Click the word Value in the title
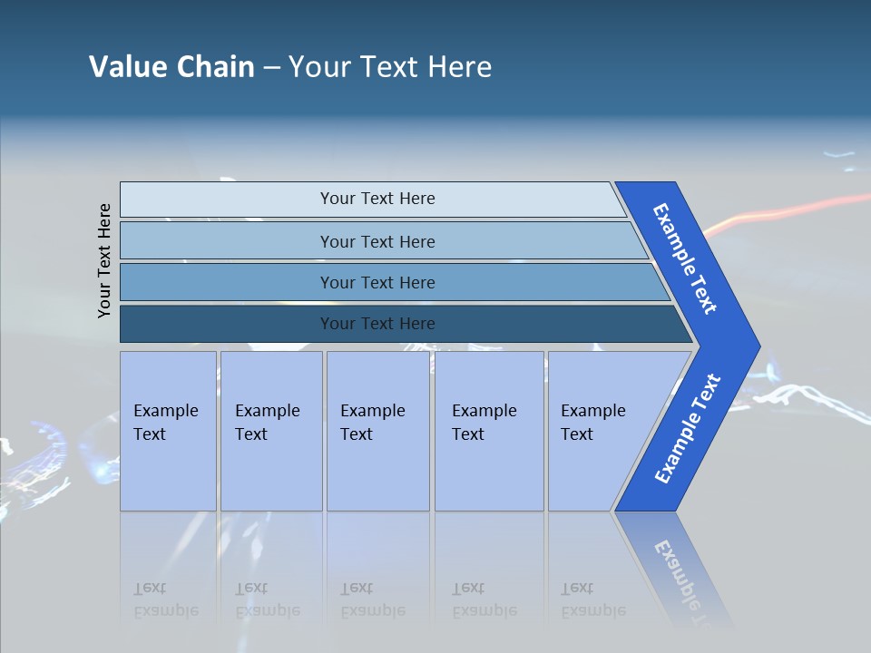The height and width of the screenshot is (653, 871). point(126,67)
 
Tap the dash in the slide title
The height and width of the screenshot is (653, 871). point(271,68)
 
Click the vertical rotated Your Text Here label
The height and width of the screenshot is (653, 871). point(104,260)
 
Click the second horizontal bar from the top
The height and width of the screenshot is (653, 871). point(377,241)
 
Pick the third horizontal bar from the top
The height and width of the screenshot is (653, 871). point(377,282)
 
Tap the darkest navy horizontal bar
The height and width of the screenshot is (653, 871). point(377,324)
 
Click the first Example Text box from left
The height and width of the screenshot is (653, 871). point(168,430)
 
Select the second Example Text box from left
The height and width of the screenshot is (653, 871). point(271,430)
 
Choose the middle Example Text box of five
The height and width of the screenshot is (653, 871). point(377,430)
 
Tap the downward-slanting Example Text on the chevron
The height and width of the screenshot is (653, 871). point(685,258)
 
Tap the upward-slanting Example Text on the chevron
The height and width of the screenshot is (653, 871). point(687,429)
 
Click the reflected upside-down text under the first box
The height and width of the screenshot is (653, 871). point(166,599)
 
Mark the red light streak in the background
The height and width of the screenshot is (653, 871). point(798,207)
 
